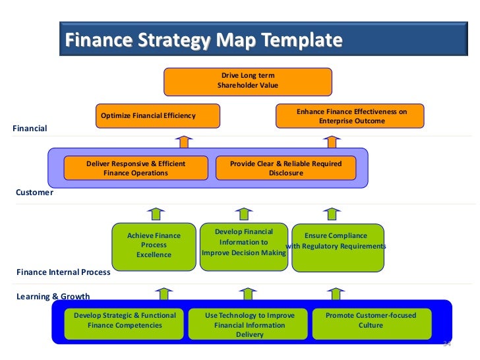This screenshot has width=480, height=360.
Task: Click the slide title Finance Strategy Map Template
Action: (x=204, y=41)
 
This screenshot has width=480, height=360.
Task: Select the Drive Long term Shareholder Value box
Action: (x=248, y=81)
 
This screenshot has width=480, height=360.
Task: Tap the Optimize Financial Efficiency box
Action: (x=157, y=115)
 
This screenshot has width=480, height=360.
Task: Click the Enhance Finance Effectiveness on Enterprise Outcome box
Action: (x=349, y=116)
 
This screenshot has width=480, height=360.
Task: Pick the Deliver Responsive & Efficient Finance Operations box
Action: (x=136, y=168)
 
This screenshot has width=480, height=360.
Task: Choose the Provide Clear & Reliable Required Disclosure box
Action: (x=285, y=168)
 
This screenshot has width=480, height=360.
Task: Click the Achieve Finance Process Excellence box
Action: (x=154, y=245)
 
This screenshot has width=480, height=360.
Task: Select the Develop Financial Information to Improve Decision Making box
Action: (x=244, y=242)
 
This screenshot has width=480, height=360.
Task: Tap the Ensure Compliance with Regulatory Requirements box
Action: (x=336, y=245)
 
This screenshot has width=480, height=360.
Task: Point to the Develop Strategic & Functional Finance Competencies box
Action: (x=125, y=320)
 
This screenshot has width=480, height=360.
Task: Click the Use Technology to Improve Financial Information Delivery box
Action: (x=249, y=324)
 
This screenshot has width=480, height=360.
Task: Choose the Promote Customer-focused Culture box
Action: (x=371, y=320)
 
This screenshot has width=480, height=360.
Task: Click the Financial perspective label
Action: (x=30, y=129)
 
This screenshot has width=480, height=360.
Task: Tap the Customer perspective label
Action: (x=34, y=193)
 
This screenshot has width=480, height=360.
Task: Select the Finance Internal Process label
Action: (x=63, y=272)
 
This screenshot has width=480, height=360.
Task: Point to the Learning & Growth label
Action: (x=53, y=296)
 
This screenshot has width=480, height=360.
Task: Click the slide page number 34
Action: (x=446, y=344)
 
